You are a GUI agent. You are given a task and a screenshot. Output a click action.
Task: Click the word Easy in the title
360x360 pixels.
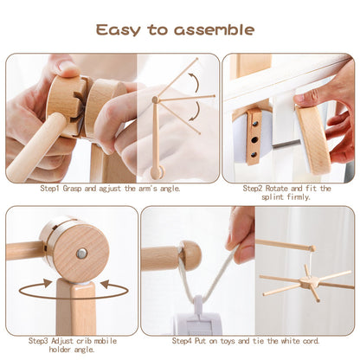pos(120,30)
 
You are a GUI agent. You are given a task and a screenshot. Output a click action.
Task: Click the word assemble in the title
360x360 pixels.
pos(214,30)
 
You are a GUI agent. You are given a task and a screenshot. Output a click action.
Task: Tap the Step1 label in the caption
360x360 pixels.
pos(54,188)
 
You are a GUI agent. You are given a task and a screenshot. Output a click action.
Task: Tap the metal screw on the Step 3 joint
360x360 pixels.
pos(80,253)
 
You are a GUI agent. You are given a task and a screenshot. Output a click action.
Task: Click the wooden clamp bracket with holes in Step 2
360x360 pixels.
pos(254,135)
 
